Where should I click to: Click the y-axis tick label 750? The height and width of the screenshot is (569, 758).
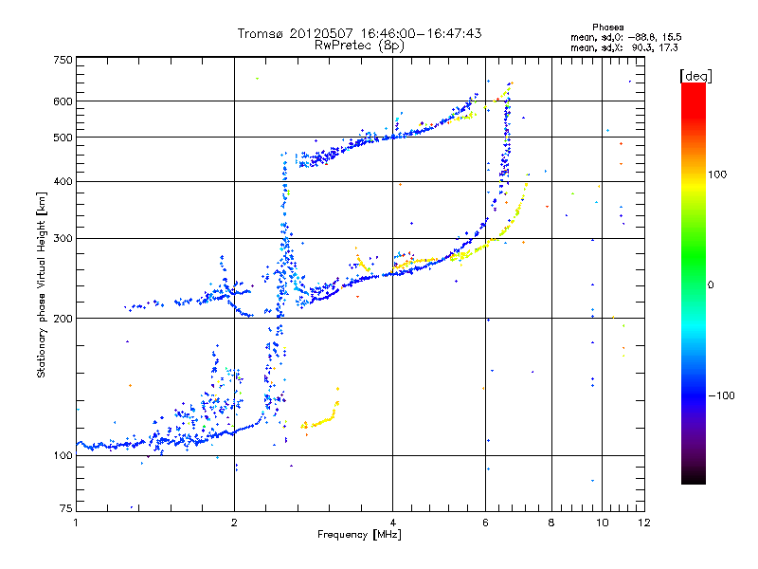pyautogui.click(x=62, y=59)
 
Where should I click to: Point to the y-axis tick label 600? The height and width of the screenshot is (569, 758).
pyautogui.click(x=62, y=101)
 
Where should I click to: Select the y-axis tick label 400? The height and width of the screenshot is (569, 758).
pyautogui.click(x=62, y=181)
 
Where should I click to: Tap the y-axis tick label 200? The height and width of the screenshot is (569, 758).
pyautogui.click(x=62, y=318)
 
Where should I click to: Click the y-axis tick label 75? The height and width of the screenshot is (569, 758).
pyautogui.click(x=64, y=511)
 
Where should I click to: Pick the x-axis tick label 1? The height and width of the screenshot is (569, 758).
pyautogui.click(x=76, y=523)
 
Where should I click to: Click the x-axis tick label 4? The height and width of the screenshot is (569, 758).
pyautogui.click(x=392, y=523)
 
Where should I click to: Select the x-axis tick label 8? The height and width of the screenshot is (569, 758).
pyautogui.click(x=551, y=523)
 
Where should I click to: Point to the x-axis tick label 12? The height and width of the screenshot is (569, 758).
pyautogui.click(x=642, y=523)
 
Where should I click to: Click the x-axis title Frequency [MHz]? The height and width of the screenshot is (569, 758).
pyautogui.click(x=360, y=536)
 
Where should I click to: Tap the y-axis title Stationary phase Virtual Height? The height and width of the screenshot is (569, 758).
pyautogui.click(x=42, y=284)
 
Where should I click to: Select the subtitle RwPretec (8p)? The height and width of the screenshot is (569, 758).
pyautogui.click(x=359, y=45)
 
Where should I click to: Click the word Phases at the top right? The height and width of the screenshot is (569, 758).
pyautogui.click(x=607, y=28)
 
